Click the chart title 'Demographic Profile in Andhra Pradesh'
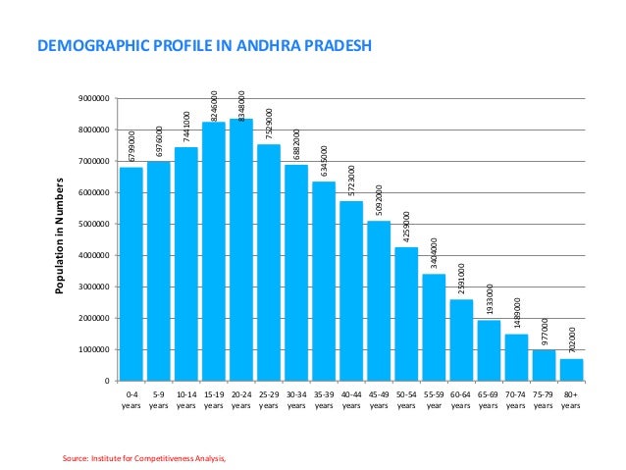click(x=204, y=45)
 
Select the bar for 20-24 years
click(x=241, y=249)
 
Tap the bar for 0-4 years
click(x=131, y=274)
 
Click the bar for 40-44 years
click(x=351, y=290)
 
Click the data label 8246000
click(x=214, y=105)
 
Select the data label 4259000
click(x=406, y=228)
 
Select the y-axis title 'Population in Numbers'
click(x=61, y=239)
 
